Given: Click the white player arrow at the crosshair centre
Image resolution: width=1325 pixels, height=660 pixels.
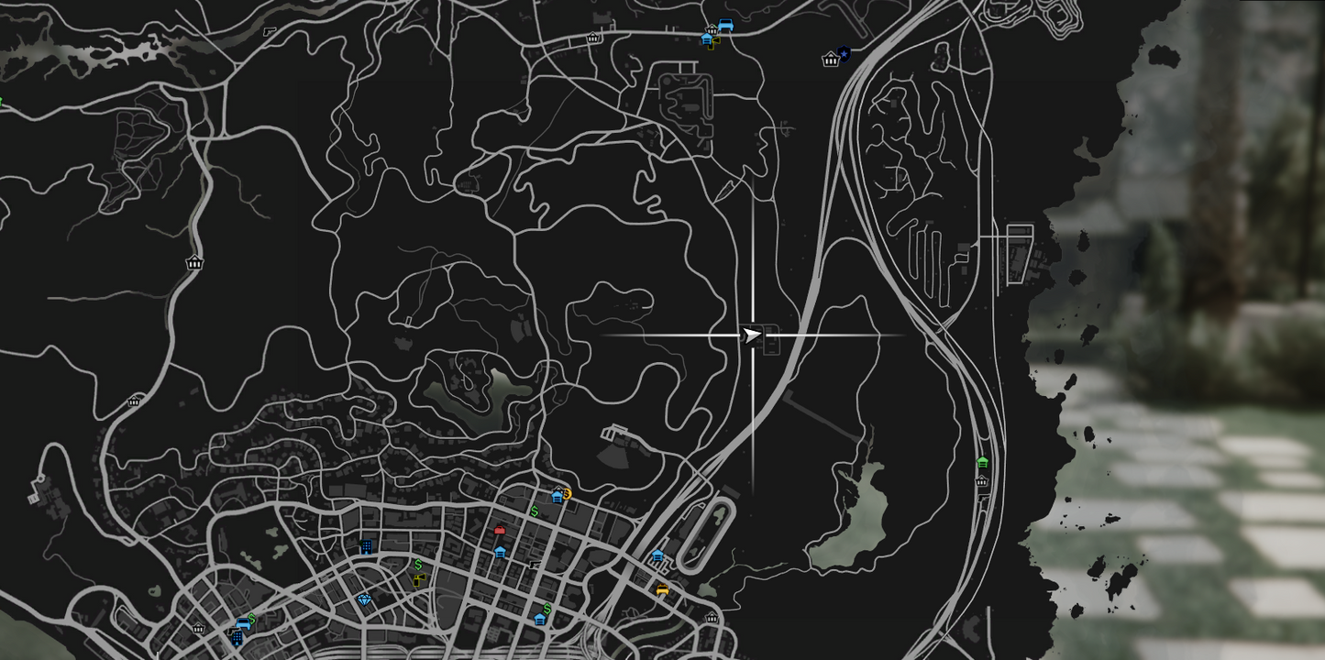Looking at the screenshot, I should point(751,335).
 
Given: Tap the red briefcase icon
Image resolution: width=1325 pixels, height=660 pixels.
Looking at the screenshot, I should point(500,530).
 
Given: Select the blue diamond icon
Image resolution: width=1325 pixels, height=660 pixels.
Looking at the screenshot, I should point(365,599).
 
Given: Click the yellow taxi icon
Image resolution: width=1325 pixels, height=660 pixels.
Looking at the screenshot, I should point(662,590).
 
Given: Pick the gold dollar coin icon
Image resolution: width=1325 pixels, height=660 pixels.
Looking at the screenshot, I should point(567,494).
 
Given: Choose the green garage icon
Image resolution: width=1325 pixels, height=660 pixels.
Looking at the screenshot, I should point(983,463).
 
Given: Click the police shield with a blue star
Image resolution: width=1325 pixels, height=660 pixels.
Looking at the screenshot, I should point(844,55).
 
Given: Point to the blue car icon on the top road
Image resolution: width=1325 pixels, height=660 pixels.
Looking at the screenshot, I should point(724,26).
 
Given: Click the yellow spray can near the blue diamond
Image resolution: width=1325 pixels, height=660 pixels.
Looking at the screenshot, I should point(419,579).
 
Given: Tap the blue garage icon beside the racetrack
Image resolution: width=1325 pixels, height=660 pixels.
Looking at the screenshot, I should point(657,556).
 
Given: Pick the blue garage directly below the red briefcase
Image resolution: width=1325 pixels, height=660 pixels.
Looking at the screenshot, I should point(500,552).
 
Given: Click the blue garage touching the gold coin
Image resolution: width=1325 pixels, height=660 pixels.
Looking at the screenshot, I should point(557,497).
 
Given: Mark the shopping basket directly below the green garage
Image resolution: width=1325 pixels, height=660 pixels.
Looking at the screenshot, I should point(981,481).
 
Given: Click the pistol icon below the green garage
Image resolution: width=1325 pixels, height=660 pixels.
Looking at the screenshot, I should point(982,494).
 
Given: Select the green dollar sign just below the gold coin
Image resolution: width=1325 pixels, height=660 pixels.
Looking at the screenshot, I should point(535,511).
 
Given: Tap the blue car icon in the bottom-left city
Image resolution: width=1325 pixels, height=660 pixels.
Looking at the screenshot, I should point(243,624).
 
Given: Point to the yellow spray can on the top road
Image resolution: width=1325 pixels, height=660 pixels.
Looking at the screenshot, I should point(713,42).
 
